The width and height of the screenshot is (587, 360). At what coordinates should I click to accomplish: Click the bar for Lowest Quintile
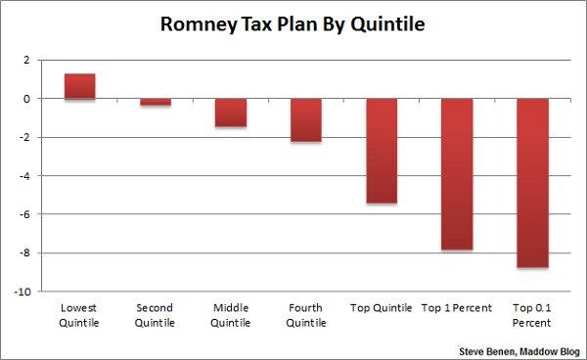pos(79,86)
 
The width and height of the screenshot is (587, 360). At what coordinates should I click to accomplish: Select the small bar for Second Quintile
pos(155,102)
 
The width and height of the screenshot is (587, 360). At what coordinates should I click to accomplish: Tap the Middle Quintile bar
pos(230,112)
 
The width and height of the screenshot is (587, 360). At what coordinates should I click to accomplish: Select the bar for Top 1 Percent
pos(456,174)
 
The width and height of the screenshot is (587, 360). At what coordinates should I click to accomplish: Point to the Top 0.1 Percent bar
pos(531,183)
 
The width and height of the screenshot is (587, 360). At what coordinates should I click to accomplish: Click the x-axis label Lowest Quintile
pos(79,315)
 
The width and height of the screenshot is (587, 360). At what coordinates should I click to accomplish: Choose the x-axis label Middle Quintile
pos(230,315)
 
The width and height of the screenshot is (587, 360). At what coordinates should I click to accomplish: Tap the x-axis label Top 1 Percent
pos(456,308)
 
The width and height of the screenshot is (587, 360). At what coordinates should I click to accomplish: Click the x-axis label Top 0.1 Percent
pos(531,315)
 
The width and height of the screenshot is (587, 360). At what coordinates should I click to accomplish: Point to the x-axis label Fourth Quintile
pos(305,315)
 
